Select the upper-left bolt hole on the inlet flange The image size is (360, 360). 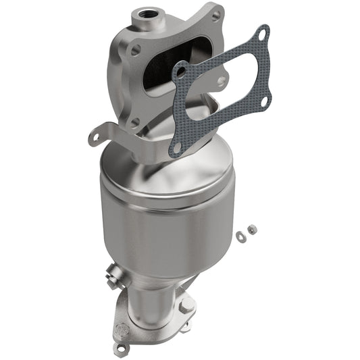pos(136,49)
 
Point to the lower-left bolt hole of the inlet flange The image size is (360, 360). pos(135,122)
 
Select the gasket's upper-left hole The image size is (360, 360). pos(181,68)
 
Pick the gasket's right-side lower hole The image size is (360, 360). pos(264,101)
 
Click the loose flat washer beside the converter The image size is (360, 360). pos(241,235)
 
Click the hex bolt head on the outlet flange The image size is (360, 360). pos(186,306)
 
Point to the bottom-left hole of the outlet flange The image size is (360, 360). pos(122,346)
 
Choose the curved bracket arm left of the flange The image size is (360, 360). pos(115,132)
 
